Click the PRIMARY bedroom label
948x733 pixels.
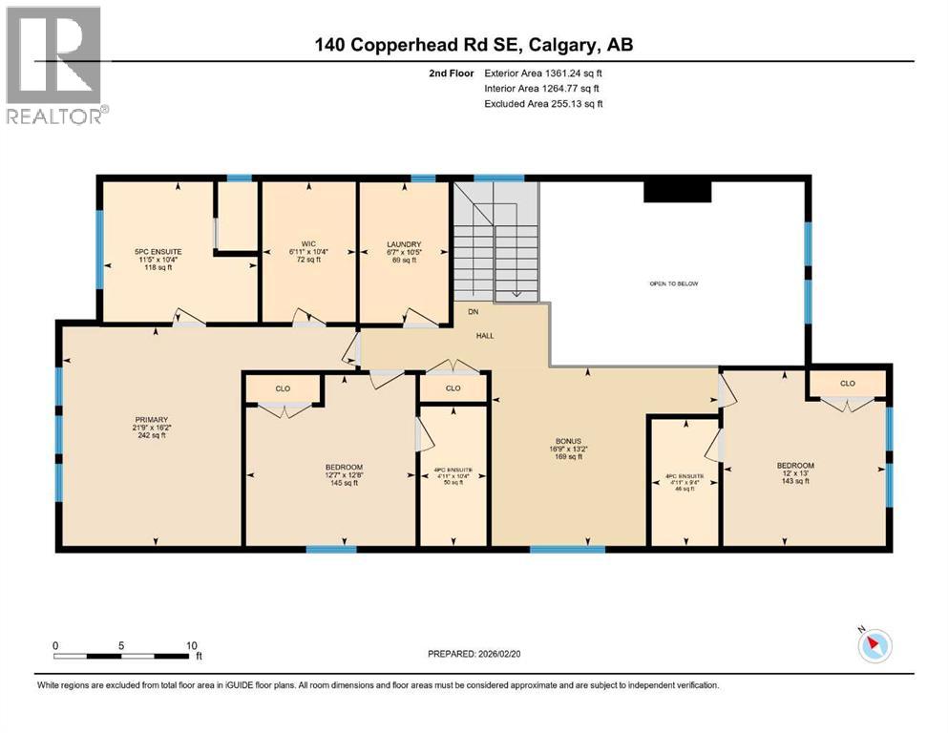click(x=151, y=428)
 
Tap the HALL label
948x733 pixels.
click(x=485, y=335)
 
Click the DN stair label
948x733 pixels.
click(x=473, y=312)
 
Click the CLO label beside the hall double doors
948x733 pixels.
click(x=453, y=388)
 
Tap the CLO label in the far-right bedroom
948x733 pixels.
click(x=848, y=383)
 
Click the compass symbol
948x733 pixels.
click(x=874, y=645)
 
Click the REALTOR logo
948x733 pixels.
click(x=55, y=65)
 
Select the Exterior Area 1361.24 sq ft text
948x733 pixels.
click(x=543, y=73)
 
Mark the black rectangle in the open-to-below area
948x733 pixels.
click(x=677, y=192)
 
